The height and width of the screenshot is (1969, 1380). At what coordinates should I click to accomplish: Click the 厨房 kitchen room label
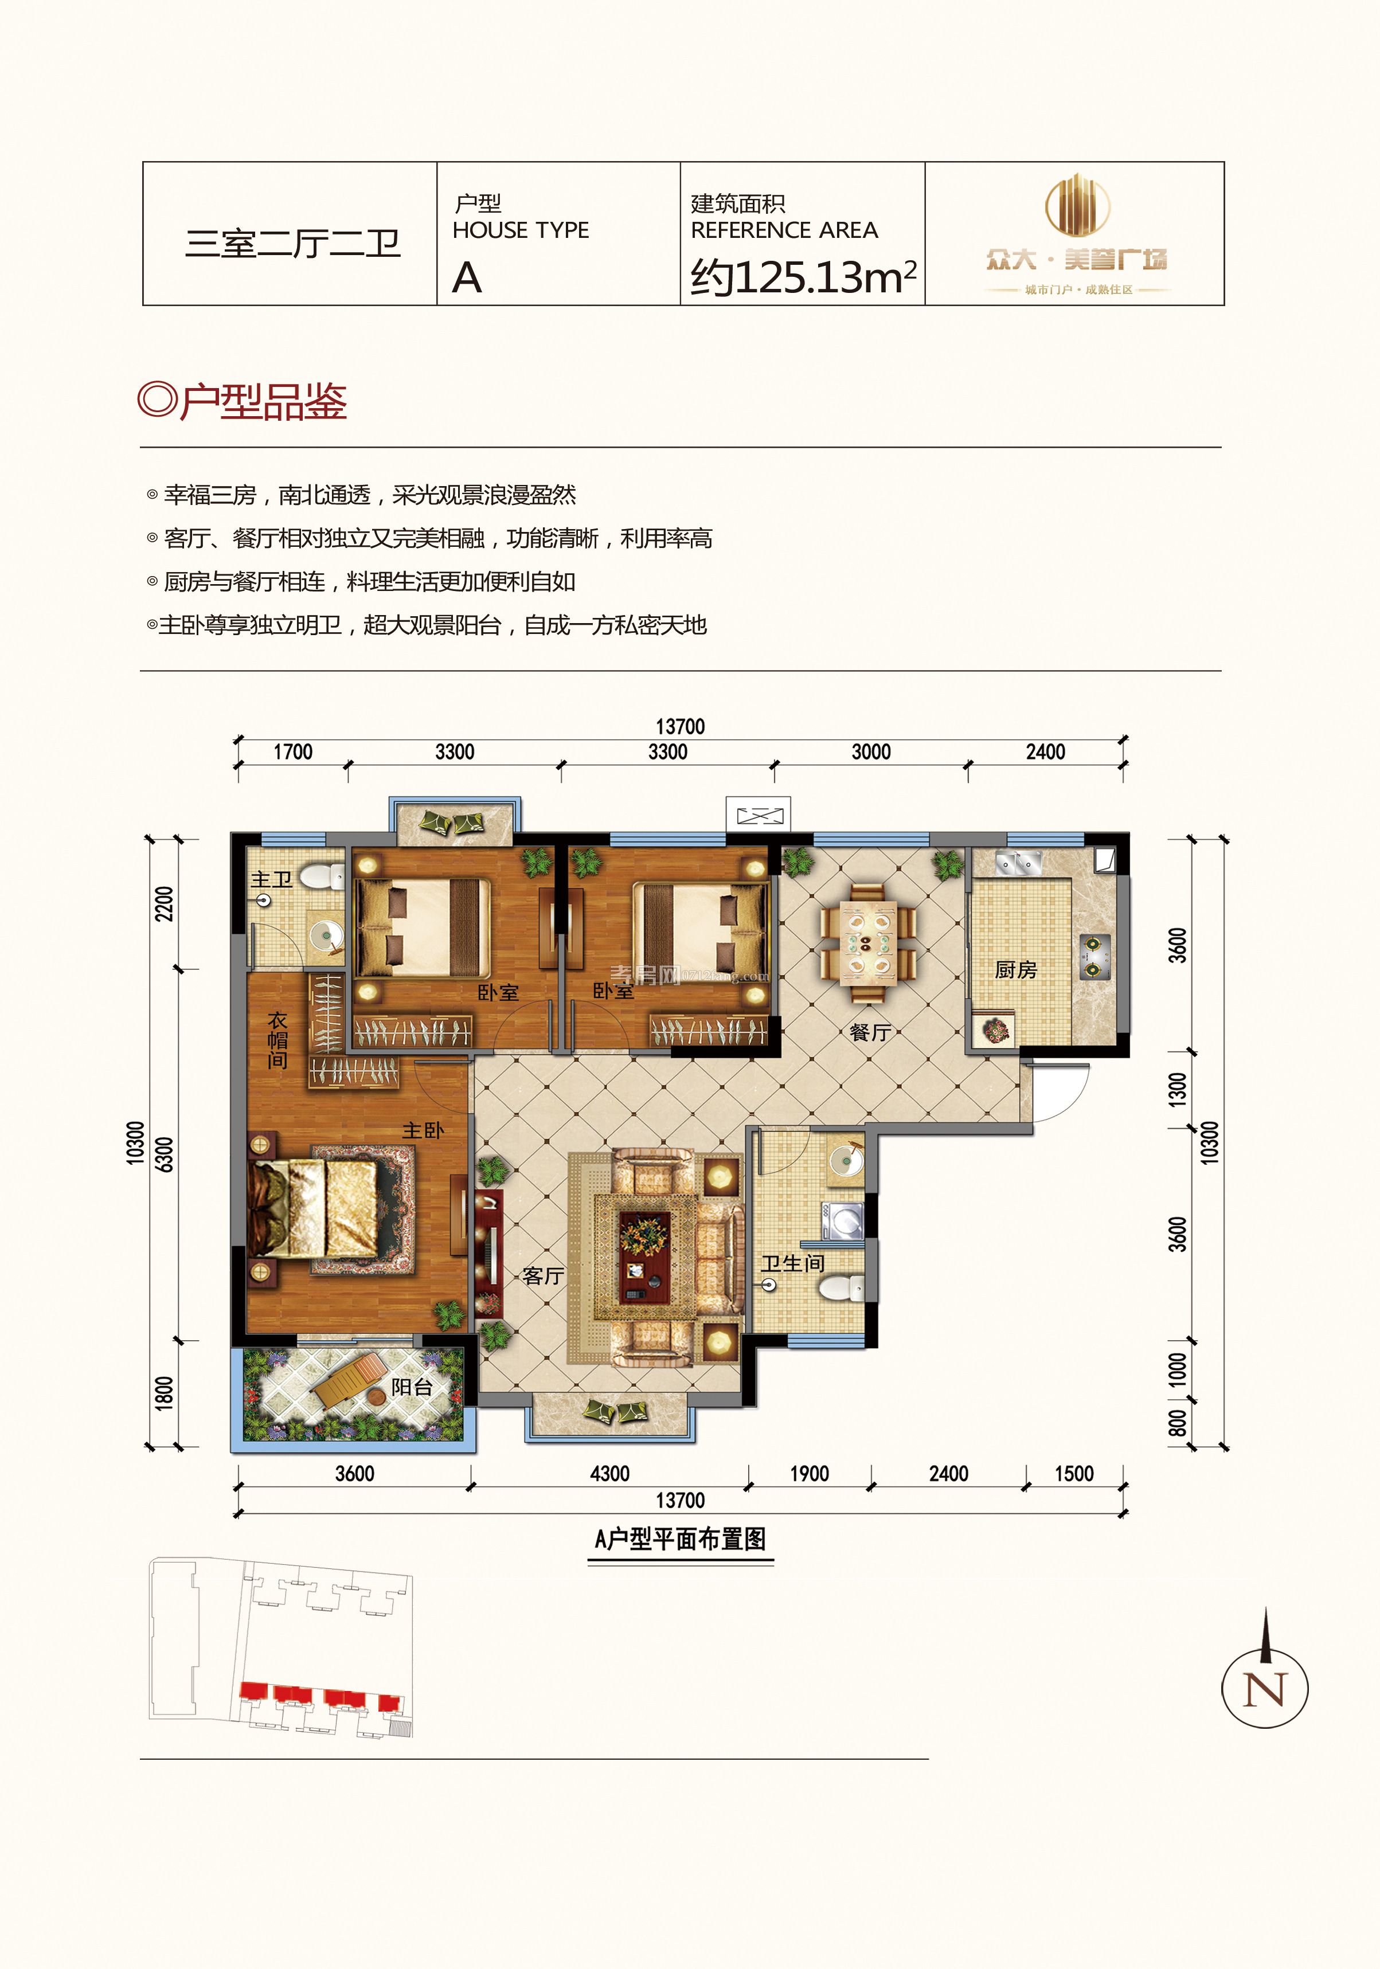(x=1015, y=970)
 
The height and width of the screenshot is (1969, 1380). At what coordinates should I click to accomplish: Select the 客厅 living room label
(x=543, y=1276)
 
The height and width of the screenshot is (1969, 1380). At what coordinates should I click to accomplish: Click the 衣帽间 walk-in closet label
(x=277, y=1040)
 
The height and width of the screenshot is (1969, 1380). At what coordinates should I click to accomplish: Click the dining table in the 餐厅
(x=868, y=944)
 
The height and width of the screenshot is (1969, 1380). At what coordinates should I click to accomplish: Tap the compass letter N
(x=1264, y=1689)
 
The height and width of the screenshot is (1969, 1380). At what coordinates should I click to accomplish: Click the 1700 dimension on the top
(x=292, y=752)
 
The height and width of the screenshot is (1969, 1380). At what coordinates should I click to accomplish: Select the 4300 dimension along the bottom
(x=610, y=1473)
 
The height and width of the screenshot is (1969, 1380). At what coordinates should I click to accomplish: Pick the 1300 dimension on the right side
(x=1178, y=1089)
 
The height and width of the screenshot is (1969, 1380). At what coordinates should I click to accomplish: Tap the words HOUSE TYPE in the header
(x=521, y=230)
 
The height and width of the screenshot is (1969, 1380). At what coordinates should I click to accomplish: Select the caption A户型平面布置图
(x=680, y=1539)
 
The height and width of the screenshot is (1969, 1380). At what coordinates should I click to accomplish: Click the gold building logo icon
(x=1077, y=206)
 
